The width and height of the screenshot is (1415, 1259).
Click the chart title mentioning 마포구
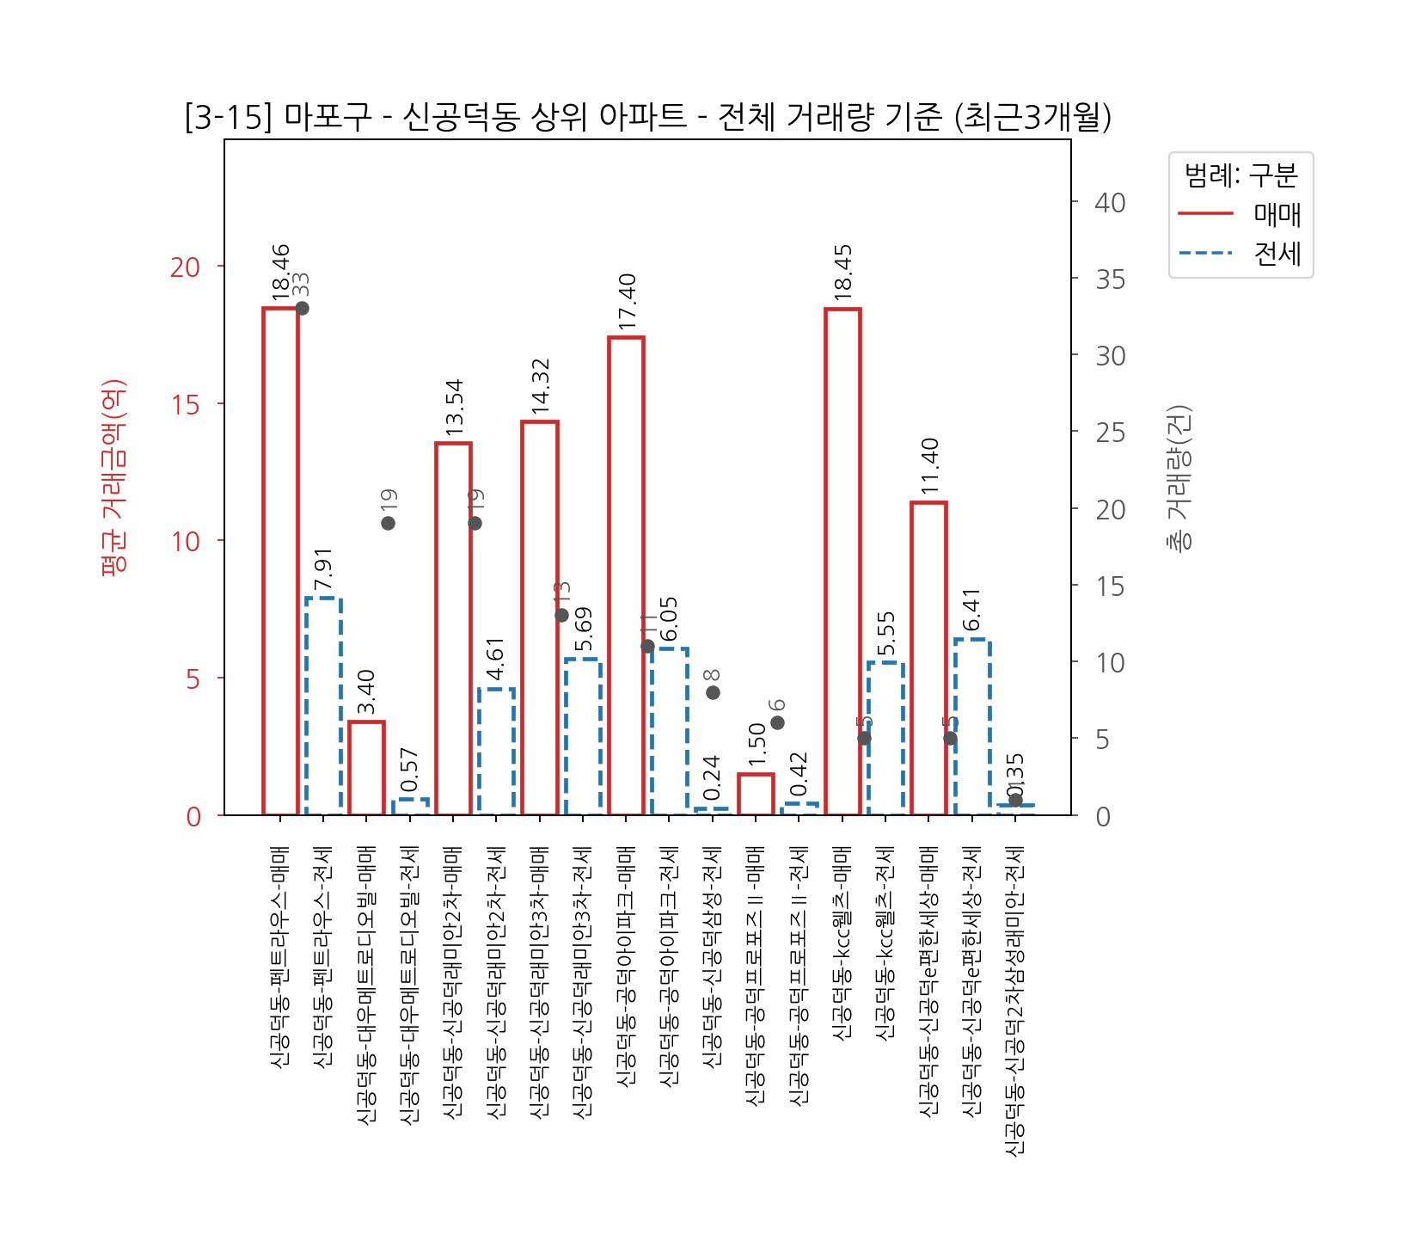click(648, 117)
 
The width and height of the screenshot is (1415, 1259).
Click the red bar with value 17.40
click(626, 575)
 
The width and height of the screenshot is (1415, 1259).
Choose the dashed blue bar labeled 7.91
click(323, 706)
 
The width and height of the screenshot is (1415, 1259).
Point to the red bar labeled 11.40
click(928, 658)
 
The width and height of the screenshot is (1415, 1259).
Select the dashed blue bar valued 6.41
click(972, 727)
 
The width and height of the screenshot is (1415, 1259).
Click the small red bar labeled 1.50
click(756, 794)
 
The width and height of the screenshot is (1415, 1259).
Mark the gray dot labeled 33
click(302, 308)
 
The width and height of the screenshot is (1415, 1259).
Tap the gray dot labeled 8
click(713, 692)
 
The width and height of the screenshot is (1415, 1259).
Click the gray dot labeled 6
click(777, 722)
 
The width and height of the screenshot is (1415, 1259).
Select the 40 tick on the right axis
click(1110, 203)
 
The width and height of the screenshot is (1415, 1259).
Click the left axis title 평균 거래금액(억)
click(114, 477)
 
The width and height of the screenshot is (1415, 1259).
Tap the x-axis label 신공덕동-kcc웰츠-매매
click(842, 943)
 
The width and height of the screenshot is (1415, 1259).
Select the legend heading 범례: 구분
click(1240, 175)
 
